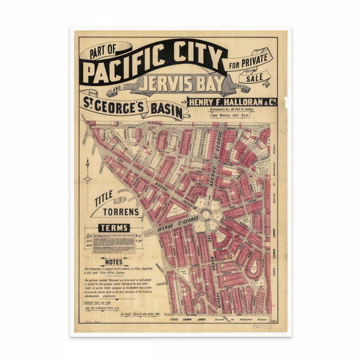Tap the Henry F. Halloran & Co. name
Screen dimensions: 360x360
coord(232,101)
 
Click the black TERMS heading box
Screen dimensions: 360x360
coord(113,228)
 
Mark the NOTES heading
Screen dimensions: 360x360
coord(113,262)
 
